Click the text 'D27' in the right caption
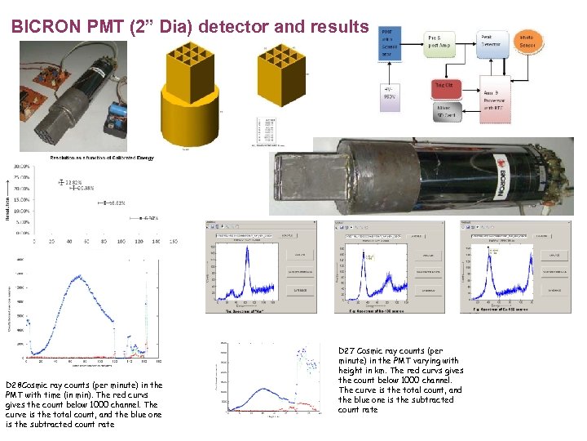point(346,350)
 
